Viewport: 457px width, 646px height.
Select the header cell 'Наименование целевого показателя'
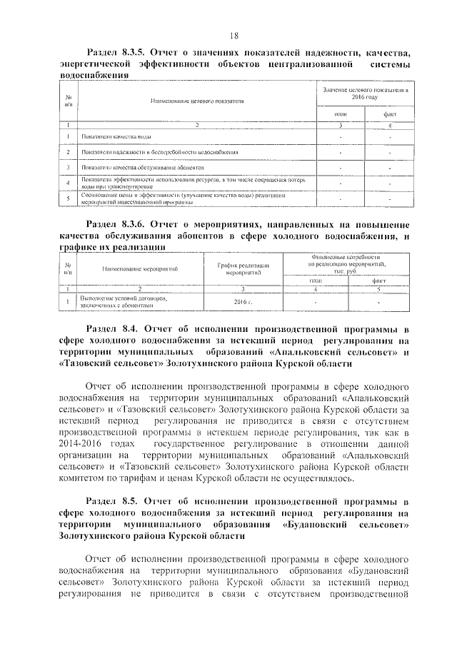[197, 101]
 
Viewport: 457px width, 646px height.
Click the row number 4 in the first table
[68, 183]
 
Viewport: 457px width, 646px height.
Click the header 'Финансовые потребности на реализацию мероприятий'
[346, 261]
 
